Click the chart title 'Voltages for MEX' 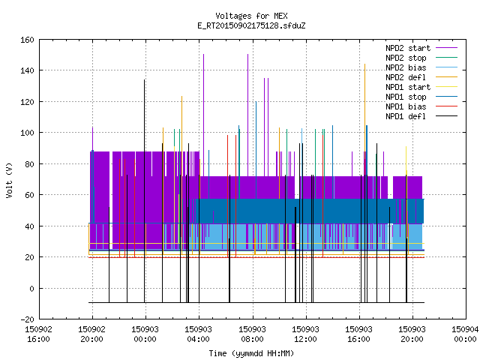point(251,16)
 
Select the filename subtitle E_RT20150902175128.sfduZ point(251,25)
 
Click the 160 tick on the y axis point(27,40)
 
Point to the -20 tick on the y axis point(27,319)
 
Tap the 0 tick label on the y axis point(31,288)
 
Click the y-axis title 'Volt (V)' point(9,180)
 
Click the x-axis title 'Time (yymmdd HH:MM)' point(251,353)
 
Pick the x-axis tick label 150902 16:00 point(38,334)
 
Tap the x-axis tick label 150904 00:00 point(465,334)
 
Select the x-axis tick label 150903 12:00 point(305,334)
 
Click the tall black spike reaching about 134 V point(144,191)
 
